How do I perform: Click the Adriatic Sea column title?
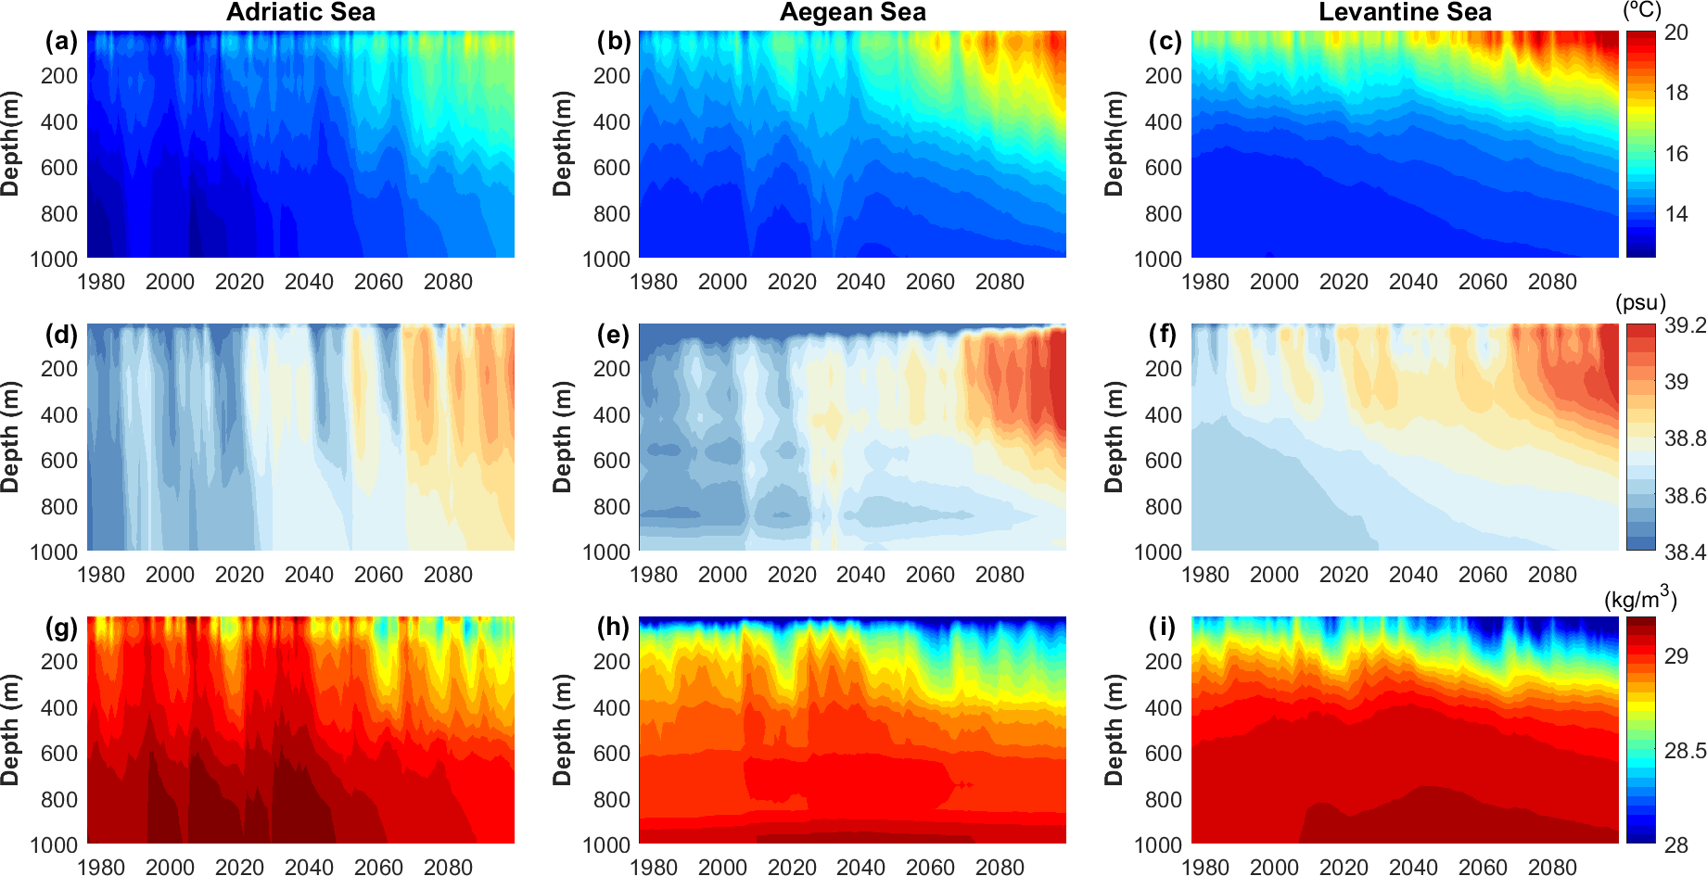click(x=300, y=12)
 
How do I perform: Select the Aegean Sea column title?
click(x=852, y=12)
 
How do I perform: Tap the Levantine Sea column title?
click(x=1405, y=12)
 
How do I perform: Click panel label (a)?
click(x=62, y=42)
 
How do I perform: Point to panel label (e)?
click(x=613, y=335)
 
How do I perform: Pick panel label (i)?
click(x=1163, y=628)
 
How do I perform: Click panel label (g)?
click(x=62, y=628)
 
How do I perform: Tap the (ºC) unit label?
click(x=1642, y=10)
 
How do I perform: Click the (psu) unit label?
click(x=1640, y=303)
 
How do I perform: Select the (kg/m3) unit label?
click(x=1640, y=598)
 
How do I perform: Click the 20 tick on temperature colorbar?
click(x=1676, y=32)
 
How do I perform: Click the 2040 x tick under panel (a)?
click(x=309, y=282)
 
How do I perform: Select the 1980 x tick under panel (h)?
click(x=654, y=867)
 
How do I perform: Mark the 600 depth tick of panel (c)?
click(x=1164, y=168)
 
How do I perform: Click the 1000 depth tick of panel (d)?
click(x=54, y=552)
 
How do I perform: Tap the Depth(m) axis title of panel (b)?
click(x=562, y=144)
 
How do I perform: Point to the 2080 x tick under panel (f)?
click(x=1552, y=575)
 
